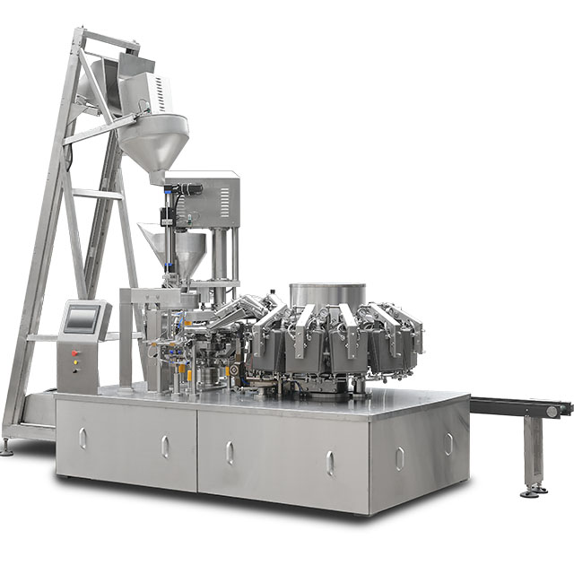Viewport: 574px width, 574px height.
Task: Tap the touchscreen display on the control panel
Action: [x=81, y=318]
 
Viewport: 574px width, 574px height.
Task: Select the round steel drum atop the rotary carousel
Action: [x=327, y=295]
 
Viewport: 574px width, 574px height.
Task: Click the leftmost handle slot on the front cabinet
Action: [x=83, y=438]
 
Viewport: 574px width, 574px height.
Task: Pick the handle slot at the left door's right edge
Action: [x=164, y=447]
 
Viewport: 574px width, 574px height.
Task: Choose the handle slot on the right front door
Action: [x=330, y=463]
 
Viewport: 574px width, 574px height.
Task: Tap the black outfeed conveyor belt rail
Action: [x=516, y=406]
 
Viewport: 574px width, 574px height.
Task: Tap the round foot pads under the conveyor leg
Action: [x=534, y=491]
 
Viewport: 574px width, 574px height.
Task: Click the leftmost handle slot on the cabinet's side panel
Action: [x=400, y=458]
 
